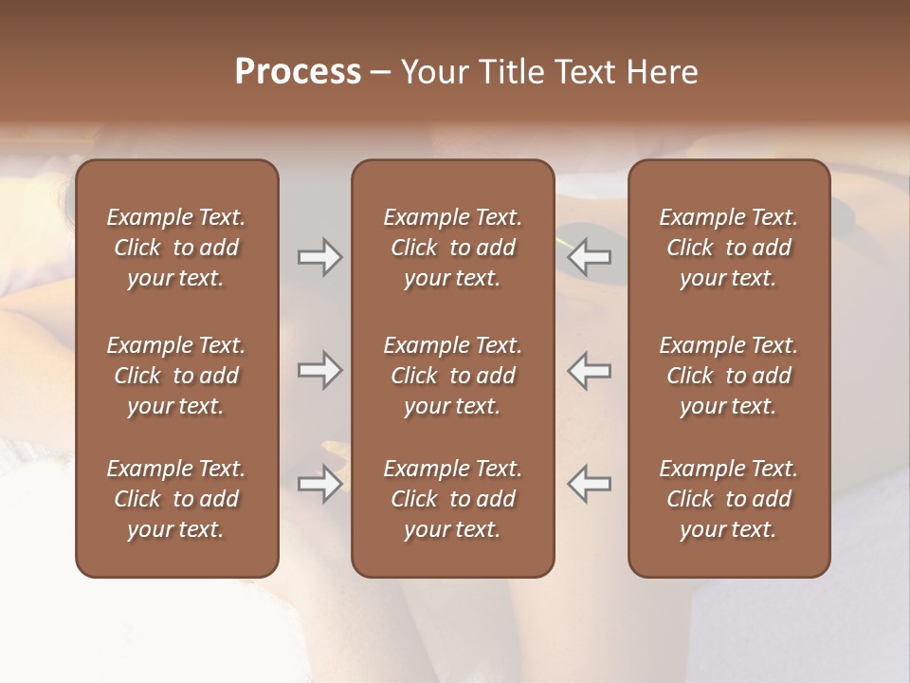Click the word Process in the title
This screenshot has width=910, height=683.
(x=298, y=72)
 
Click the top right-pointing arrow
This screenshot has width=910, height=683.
(x=319, y=257)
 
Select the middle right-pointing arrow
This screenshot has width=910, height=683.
(x=319, y=370)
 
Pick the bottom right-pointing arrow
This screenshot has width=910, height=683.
(x=319, y=484)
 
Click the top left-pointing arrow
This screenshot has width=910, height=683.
(x=590, y=257)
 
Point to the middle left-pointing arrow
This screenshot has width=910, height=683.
(x=590, y=370)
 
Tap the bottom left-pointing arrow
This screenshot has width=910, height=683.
(x=590, y=484)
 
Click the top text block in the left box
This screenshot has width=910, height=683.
(x=176, y=248)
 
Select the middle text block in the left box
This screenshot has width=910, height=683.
(x=176, y=376)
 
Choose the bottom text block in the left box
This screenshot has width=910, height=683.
(x=176, y=499)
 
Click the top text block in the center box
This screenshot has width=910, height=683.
(x=452, y=248)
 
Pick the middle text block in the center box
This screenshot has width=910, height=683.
(x=452, y=376)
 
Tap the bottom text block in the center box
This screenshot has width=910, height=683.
(x=452, y=499)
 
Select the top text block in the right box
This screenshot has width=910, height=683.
(x=728, y=248)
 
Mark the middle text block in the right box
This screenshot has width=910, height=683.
(x=728, y=376)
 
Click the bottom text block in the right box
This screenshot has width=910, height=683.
(x=728, y=499)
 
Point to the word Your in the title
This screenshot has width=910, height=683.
(x=432, y=72)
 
